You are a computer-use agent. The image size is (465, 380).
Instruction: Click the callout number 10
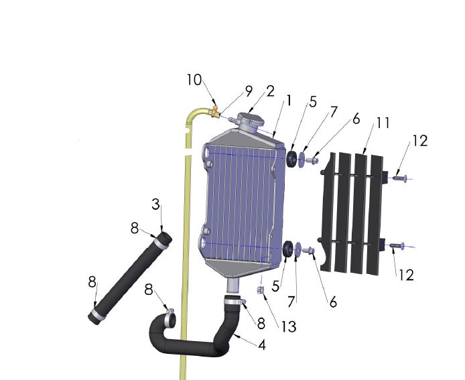[x=194, y=80]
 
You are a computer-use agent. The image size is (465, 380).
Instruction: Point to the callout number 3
[x=155, y=205]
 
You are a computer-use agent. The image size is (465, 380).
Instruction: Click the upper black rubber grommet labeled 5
[x=292, y=160]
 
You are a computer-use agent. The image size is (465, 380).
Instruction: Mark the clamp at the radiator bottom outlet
[x=232, y=304]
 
